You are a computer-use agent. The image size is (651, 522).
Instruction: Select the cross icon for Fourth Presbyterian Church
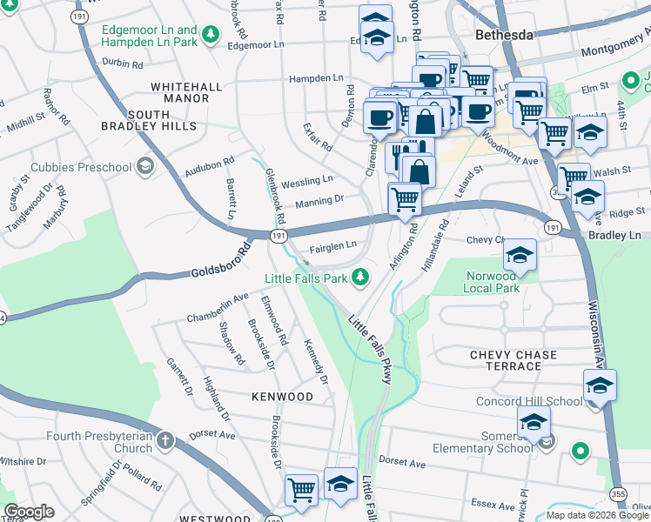(164, 441)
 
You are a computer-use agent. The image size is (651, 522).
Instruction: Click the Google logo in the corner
(29, 512)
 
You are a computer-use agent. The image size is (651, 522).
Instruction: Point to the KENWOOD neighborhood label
(282, 397)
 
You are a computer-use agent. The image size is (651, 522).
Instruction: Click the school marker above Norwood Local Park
(520, 254)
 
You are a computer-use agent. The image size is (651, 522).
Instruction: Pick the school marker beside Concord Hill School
(600, 385)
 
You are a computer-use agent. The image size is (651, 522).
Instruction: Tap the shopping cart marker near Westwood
(301, 489)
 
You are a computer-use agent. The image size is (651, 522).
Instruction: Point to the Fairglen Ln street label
(333, 246)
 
